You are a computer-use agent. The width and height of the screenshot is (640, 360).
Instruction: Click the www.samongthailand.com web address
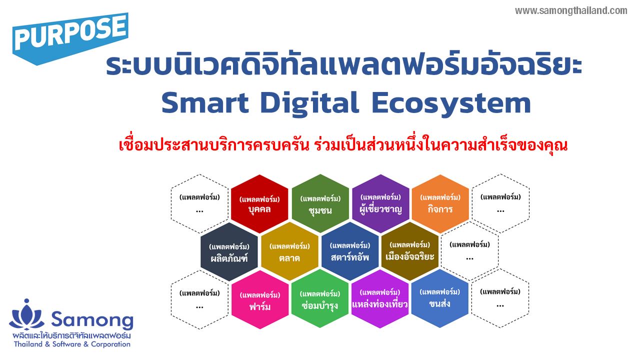(x=571, y=11)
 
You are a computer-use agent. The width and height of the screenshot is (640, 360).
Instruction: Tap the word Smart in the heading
(x=205, y=103)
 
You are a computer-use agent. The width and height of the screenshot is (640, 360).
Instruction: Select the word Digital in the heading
(x=309, y=103)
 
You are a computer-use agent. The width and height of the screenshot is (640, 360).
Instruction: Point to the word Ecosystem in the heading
(x=451, y=104)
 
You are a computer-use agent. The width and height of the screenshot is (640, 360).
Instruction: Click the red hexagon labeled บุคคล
(x=259, y=203)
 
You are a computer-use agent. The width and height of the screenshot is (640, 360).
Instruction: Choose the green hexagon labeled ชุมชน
(x=320, y=203)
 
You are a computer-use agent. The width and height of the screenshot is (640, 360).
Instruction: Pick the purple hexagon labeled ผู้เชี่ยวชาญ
(x=380, y=203)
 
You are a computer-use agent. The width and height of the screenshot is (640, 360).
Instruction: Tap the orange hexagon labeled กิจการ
(x=440, y=203)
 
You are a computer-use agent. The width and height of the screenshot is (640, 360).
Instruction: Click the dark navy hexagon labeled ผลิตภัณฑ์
(x=229, y=251)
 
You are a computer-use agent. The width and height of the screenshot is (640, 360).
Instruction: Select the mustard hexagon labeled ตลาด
(x=289, y=251)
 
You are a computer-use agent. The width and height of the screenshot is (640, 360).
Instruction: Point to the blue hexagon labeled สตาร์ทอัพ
(x=350, y=251)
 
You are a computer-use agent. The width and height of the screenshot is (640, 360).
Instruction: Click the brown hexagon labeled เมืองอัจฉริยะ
(x=410, y=251)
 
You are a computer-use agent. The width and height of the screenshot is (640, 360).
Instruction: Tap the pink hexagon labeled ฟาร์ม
(x=260, y=299)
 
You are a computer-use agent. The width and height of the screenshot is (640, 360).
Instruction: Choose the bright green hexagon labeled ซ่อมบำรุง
(x=320, y=299)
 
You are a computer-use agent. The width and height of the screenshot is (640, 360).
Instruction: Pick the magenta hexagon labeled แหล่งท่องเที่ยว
(x=380, y=299)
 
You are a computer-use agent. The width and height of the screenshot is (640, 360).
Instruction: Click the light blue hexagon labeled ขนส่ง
(x=440, y=298)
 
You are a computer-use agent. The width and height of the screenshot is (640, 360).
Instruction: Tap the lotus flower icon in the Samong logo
(x=27, y=315)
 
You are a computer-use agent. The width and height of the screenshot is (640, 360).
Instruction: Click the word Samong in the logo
(x=92, y=320)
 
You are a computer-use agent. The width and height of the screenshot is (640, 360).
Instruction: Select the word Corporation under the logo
(x=110, y=344)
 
